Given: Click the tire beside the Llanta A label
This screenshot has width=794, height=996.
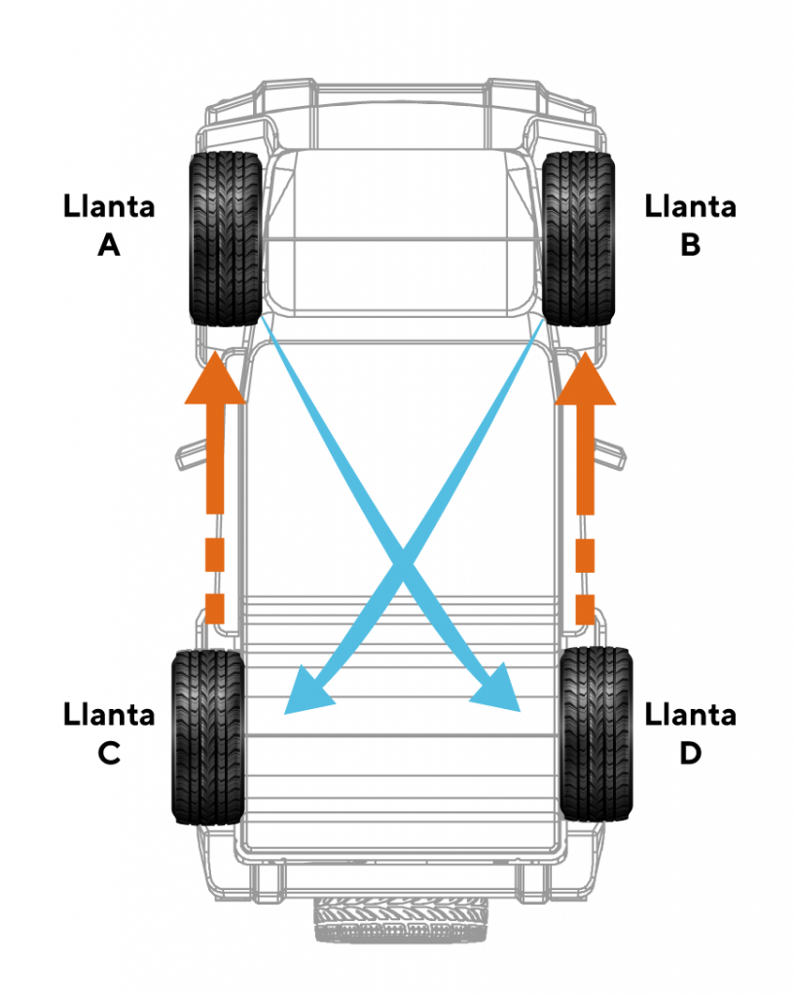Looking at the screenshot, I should coord(225,238).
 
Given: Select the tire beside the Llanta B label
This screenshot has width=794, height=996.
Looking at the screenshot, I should coord(579,238).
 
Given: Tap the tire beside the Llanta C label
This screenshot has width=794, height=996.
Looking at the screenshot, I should coord(206,736).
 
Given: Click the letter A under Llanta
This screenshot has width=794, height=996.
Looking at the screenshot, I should coord(108,244).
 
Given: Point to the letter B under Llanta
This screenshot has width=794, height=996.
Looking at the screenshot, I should coord(690,244).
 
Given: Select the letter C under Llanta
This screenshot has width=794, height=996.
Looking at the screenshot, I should coord(108,753).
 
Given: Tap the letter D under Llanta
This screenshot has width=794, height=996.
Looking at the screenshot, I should coord(690,753).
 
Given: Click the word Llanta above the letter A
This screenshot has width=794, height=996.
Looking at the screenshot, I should coord(109,207).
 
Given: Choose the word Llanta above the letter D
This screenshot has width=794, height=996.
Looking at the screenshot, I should coord(690,716).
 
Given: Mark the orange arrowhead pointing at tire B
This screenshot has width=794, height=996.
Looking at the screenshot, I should coord(585,379).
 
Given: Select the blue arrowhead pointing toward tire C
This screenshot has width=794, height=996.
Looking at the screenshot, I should coord(307,693).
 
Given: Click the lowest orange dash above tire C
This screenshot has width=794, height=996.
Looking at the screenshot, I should coord(215,608).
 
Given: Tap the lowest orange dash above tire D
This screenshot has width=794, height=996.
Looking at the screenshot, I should coord(585,608).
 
